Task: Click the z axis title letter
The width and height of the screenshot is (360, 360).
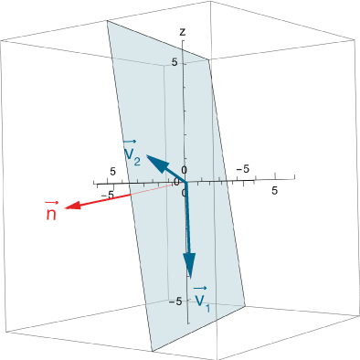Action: [183, 32]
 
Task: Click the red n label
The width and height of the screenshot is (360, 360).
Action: [51, 213]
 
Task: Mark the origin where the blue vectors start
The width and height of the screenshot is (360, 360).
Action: [185, 183]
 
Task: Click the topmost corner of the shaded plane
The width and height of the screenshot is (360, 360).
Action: [108, 21]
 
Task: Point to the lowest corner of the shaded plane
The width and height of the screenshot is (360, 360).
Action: [151, 350]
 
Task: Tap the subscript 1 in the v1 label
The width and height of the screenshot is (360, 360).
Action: [207, 307]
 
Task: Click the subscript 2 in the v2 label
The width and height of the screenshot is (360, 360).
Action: [138, 162]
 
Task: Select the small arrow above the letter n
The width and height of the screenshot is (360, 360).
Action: [51, 203]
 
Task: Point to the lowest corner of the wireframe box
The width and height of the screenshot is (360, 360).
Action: [151, 353]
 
